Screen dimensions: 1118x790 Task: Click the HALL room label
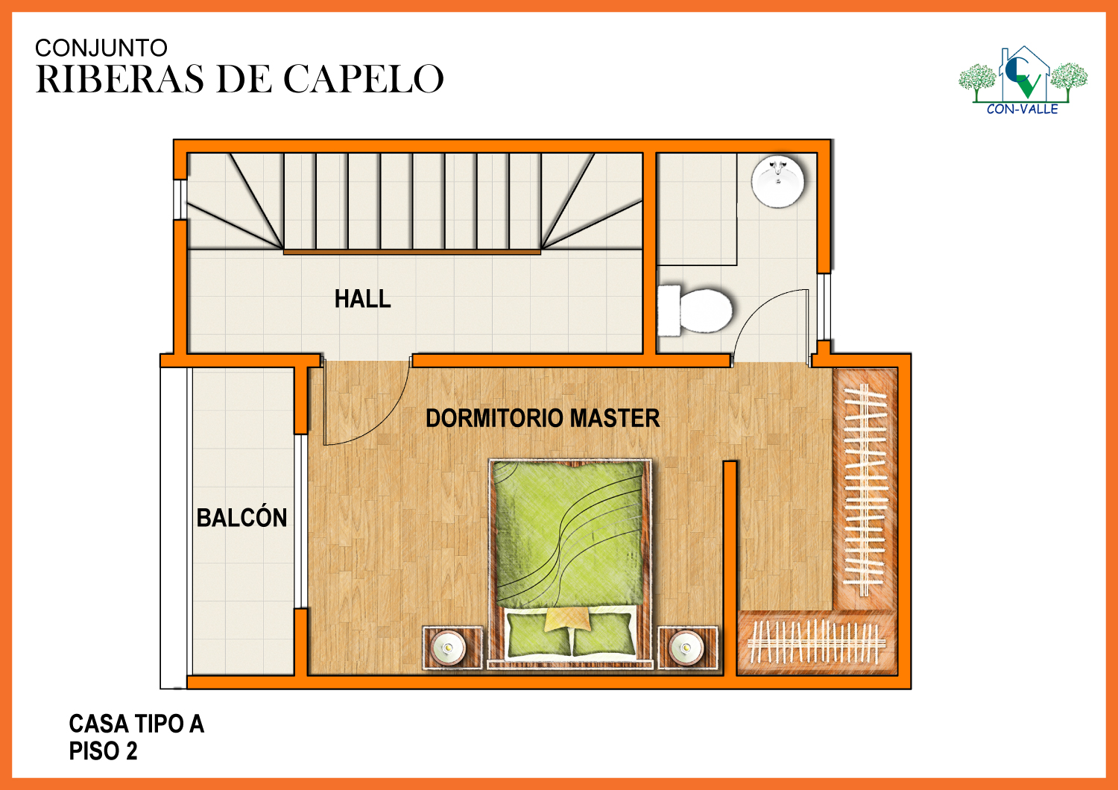(362, 299)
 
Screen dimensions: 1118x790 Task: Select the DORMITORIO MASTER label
(543, 418)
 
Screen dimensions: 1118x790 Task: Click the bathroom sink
(777, 180)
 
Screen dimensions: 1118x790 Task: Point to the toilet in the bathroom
(695, 311)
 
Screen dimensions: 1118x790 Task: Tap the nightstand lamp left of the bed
(448, 648)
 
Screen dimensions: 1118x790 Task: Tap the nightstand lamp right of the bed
(686, 648)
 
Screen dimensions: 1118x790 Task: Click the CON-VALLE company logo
(1023, 80)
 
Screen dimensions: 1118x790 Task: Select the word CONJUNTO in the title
(101, 48)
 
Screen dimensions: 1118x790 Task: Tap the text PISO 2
(103, 750)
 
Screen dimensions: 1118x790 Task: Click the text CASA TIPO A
(136, 724)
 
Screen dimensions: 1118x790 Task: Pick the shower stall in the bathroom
(697, 209)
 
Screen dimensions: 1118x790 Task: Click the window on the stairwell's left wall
(180, 199)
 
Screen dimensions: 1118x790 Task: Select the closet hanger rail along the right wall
(865, 490)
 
